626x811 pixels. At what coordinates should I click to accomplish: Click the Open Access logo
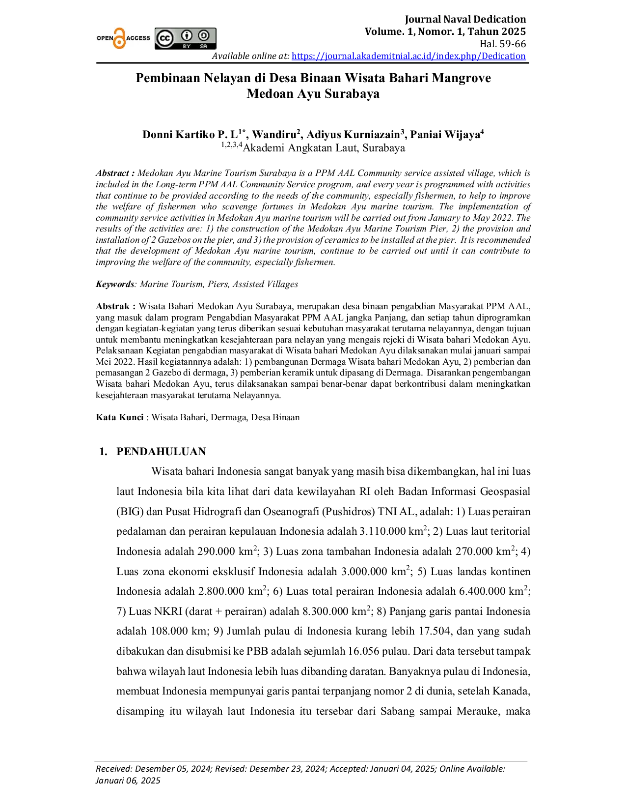coord(123,38)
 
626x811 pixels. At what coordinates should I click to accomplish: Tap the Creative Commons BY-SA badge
coord(185,38)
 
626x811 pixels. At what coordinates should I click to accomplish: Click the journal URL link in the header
coord(408,56)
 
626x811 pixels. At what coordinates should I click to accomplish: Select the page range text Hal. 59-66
coord(503,44)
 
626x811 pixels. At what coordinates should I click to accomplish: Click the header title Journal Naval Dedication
coord(465,19)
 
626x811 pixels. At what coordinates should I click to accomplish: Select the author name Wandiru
coord(274,134)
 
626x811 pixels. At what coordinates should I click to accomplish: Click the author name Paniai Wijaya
coord(445,134)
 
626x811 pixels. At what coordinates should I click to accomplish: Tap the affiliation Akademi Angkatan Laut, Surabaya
coord(324,148)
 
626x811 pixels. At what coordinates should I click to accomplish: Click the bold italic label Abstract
coord(112,173)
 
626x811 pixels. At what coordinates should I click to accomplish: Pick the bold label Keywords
coord(115,284)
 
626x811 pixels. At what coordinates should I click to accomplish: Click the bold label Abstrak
coord(112,306)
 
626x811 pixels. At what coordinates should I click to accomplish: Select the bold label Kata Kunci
coord(120,417)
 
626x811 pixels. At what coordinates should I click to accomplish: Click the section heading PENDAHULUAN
coord(161,452)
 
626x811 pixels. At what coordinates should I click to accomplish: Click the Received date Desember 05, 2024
coord(173,768)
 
